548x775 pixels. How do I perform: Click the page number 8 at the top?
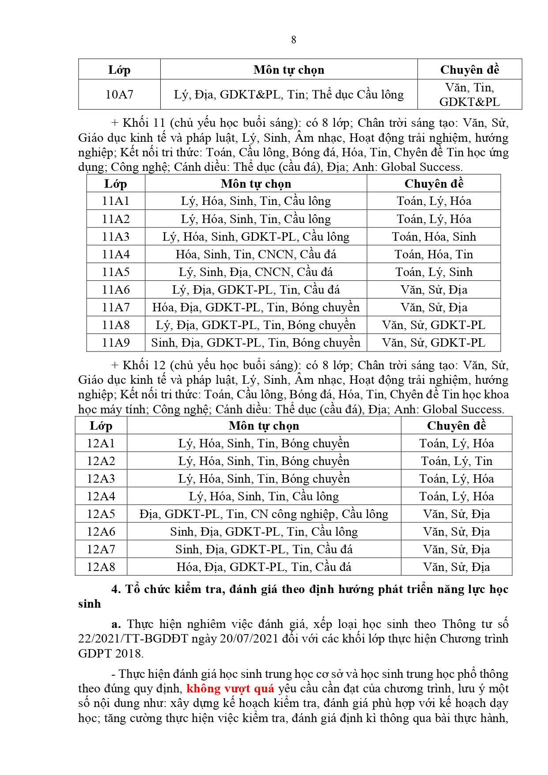[x=294, y=40]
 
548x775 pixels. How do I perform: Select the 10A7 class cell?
[x=119, y=94]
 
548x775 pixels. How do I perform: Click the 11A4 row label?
[x=116, y=254]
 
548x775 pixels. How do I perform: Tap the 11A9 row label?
[x=116, y=343]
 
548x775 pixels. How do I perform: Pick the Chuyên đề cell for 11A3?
[x=434, y=237]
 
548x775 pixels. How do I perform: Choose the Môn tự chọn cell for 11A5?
[x=256, y=272]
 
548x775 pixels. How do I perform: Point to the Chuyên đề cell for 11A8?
[x=434, y=325]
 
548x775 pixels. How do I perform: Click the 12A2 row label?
[x=101, y=461]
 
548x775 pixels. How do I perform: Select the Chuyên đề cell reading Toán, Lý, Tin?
[x=457, y=461]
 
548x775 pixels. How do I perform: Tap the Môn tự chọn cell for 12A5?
[x=264, y=514]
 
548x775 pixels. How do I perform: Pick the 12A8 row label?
[x=101, y=567]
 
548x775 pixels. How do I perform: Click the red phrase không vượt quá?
[x=230, y=688]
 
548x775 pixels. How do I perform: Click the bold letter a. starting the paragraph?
[x=116, y=624]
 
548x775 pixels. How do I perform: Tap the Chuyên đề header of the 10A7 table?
[x=469, y=70]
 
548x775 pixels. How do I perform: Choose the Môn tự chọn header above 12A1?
[x=264, y=426]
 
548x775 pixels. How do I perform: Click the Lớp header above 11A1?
[x=116, y=184]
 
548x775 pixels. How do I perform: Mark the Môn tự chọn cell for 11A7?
[x=256, y=307]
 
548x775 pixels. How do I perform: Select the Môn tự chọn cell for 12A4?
[x=264, y=496]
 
